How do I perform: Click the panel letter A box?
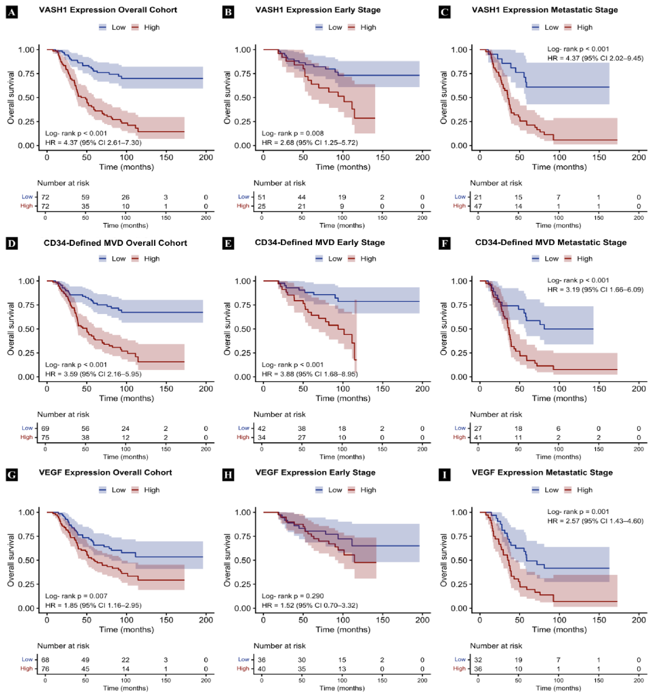[x=12, y=12]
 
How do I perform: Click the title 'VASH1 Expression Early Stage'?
[x=318, y=10]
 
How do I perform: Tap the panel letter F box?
[x=445, y=244]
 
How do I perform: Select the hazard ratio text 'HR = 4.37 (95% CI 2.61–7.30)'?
[x=93, y=143]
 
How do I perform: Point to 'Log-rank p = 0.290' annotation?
[x=293, y=596]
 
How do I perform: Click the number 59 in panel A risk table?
[x=85, y=197]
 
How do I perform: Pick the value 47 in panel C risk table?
[x=478, y=206]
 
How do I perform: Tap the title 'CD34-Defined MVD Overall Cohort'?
[x=115, y=243]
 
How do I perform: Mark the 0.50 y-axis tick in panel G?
[x=26, y=560]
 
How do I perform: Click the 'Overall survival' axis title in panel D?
[x=11, y=329]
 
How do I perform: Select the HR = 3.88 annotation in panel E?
[x=310, y=374]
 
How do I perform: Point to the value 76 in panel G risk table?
[x=45, y=669]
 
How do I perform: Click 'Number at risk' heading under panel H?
[x=279, y=646]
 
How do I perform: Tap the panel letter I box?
[x=445, y=475]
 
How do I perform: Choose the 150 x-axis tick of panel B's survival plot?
[x=383, y=157]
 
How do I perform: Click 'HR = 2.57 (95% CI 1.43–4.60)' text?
[x=595, y=521]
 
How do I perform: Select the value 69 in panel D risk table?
[x=45, y=429]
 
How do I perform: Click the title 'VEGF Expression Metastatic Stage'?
[x=542, y=473]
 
